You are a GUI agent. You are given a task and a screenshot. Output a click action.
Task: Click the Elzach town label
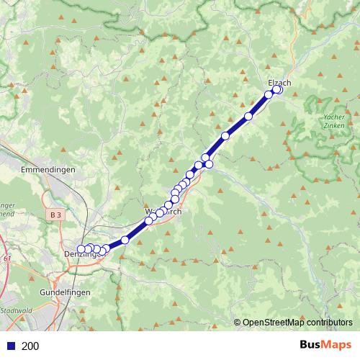pyautogui.click(x=279, y=82)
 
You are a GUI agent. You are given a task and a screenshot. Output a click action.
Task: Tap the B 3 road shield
pyautogui.click(x=56, y=215)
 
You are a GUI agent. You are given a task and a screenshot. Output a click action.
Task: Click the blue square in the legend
pyautogui.click(x=10, y=346)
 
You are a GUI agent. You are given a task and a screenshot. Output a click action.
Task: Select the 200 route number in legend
pyautogui.click(x=30, y=346)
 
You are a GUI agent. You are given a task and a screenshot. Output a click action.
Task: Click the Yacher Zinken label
pyautogui.click(x=330, y=121)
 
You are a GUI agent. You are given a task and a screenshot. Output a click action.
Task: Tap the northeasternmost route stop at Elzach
pyautogui.click(x=278, y=90)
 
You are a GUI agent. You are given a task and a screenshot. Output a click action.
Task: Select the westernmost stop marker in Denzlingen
pyautogui.click(x=81, y=250)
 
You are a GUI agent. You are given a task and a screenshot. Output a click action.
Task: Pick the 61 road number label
pyautogui.click(x=6, y=258)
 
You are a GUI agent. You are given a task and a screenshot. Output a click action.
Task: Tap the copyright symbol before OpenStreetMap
pyautogui.click(x=237, y=323)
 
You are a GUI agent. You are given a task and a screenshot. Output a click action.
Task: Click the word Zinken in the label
pyautogui.click(x=330, y=125)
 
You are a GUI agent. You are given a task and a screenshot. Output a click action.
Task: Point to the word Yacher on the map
pyautogui.click(x=330, y=116)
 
